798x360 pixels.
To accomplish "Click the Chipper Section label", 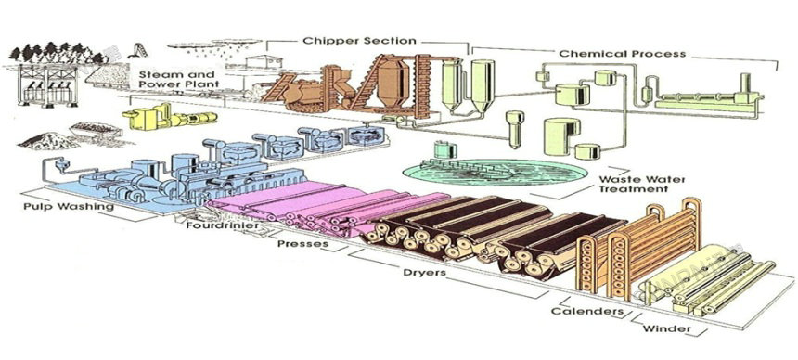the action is (x=360, y=41).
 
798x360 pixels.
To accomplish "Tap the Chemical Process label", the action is (x=623, y=54).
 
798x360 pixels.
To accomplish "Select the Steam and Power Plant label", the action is (x=179, y=80).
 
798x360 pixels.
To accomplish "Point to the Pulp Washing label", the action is (x=68, y=207).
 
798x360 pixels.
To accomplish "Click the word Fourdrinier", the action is (x=223, y=225).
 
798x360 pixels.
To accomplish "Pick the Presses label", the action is (x=302, y=243).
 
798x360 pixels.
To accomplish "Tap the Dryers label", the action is (x=424, y=272).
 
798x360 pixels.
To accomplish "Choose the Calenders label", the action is (x=586, y=311).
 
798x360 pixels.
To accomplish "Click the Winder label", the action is (x=666, y=328).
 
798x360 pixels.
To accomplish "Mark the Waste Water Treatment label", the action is (x=634, y=184).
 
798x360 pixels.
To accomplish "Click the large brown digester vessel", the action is (x=393, y=82).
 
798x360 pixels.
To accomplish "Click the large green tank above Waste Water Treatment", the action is (x=562, y=136).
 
